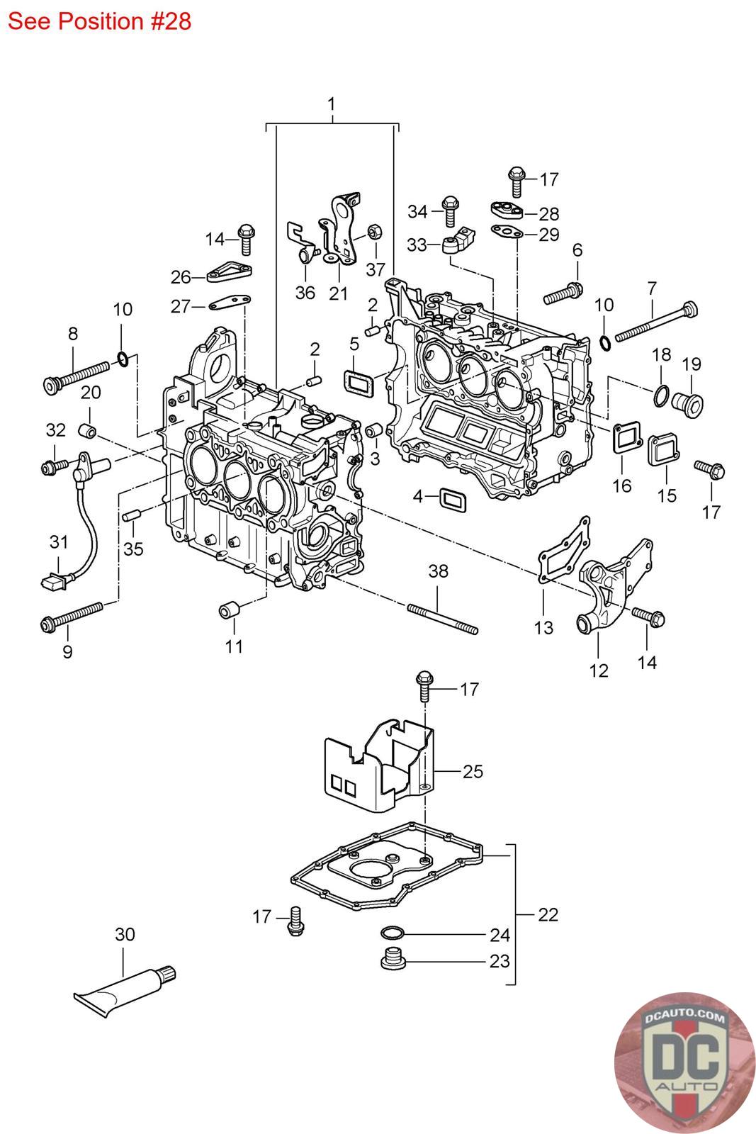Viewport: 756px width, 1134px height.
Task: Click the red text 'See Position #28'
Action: [x=100, y=21]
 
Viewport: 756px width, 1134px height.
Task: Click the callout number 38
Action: [x=439, y=571]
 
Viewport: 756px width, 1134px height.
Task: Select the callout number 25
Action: [x=473, y=771]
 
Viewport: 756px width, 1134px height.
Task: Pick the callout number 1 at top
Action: [x=331, y=104]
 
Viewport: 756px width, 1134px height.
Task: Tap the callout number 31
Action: [x=59, y=542]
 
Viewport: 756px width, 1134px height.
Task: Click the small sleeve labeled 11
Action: [x=229, y=608]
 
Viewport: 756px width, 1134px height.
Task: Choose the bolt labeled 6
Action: [x=563, y=292]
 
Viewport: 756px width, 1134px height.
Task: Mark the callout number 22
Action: [x=548, y=914]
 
